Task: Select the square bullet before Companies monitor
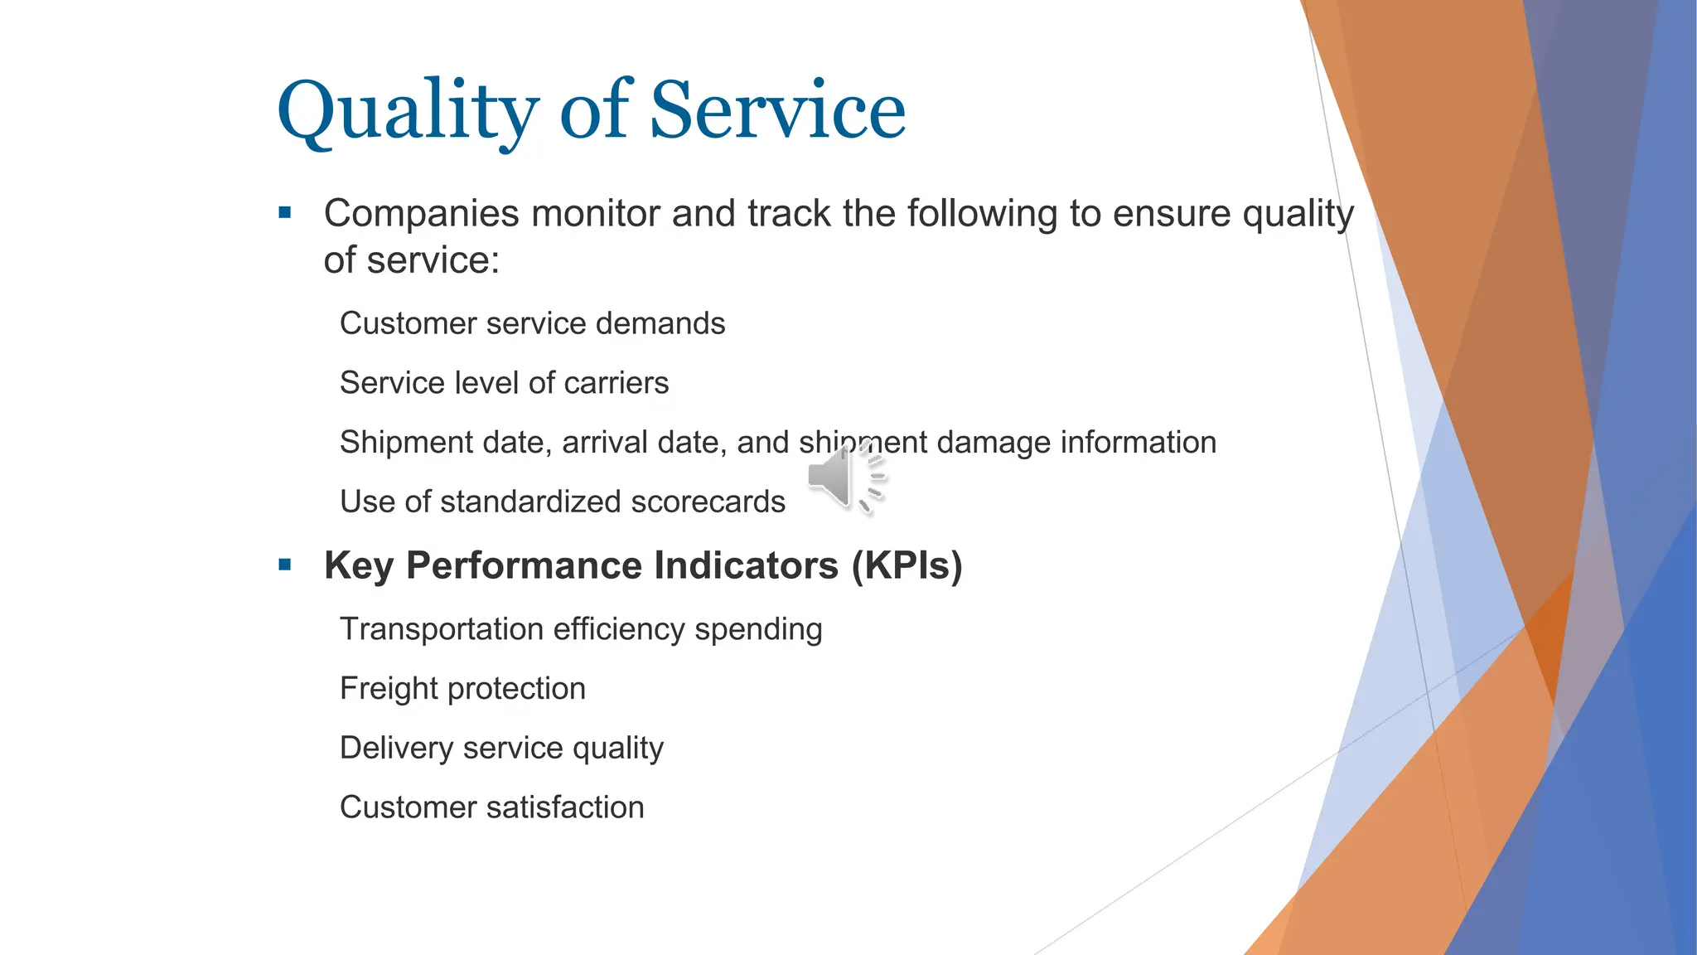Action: (x=285, y=213)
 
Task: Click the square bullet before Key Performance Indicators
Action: (x=285, y=565)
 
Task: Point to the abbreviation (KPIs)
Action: (x=907, y=566)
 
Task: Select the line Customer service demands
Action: (x=532, y=323)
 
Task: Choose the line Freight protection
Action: (x=462, y=689)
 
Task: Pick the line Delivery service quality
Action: (x=501, y=749)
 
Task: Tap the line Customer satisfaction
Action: (x=491, y=807)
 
